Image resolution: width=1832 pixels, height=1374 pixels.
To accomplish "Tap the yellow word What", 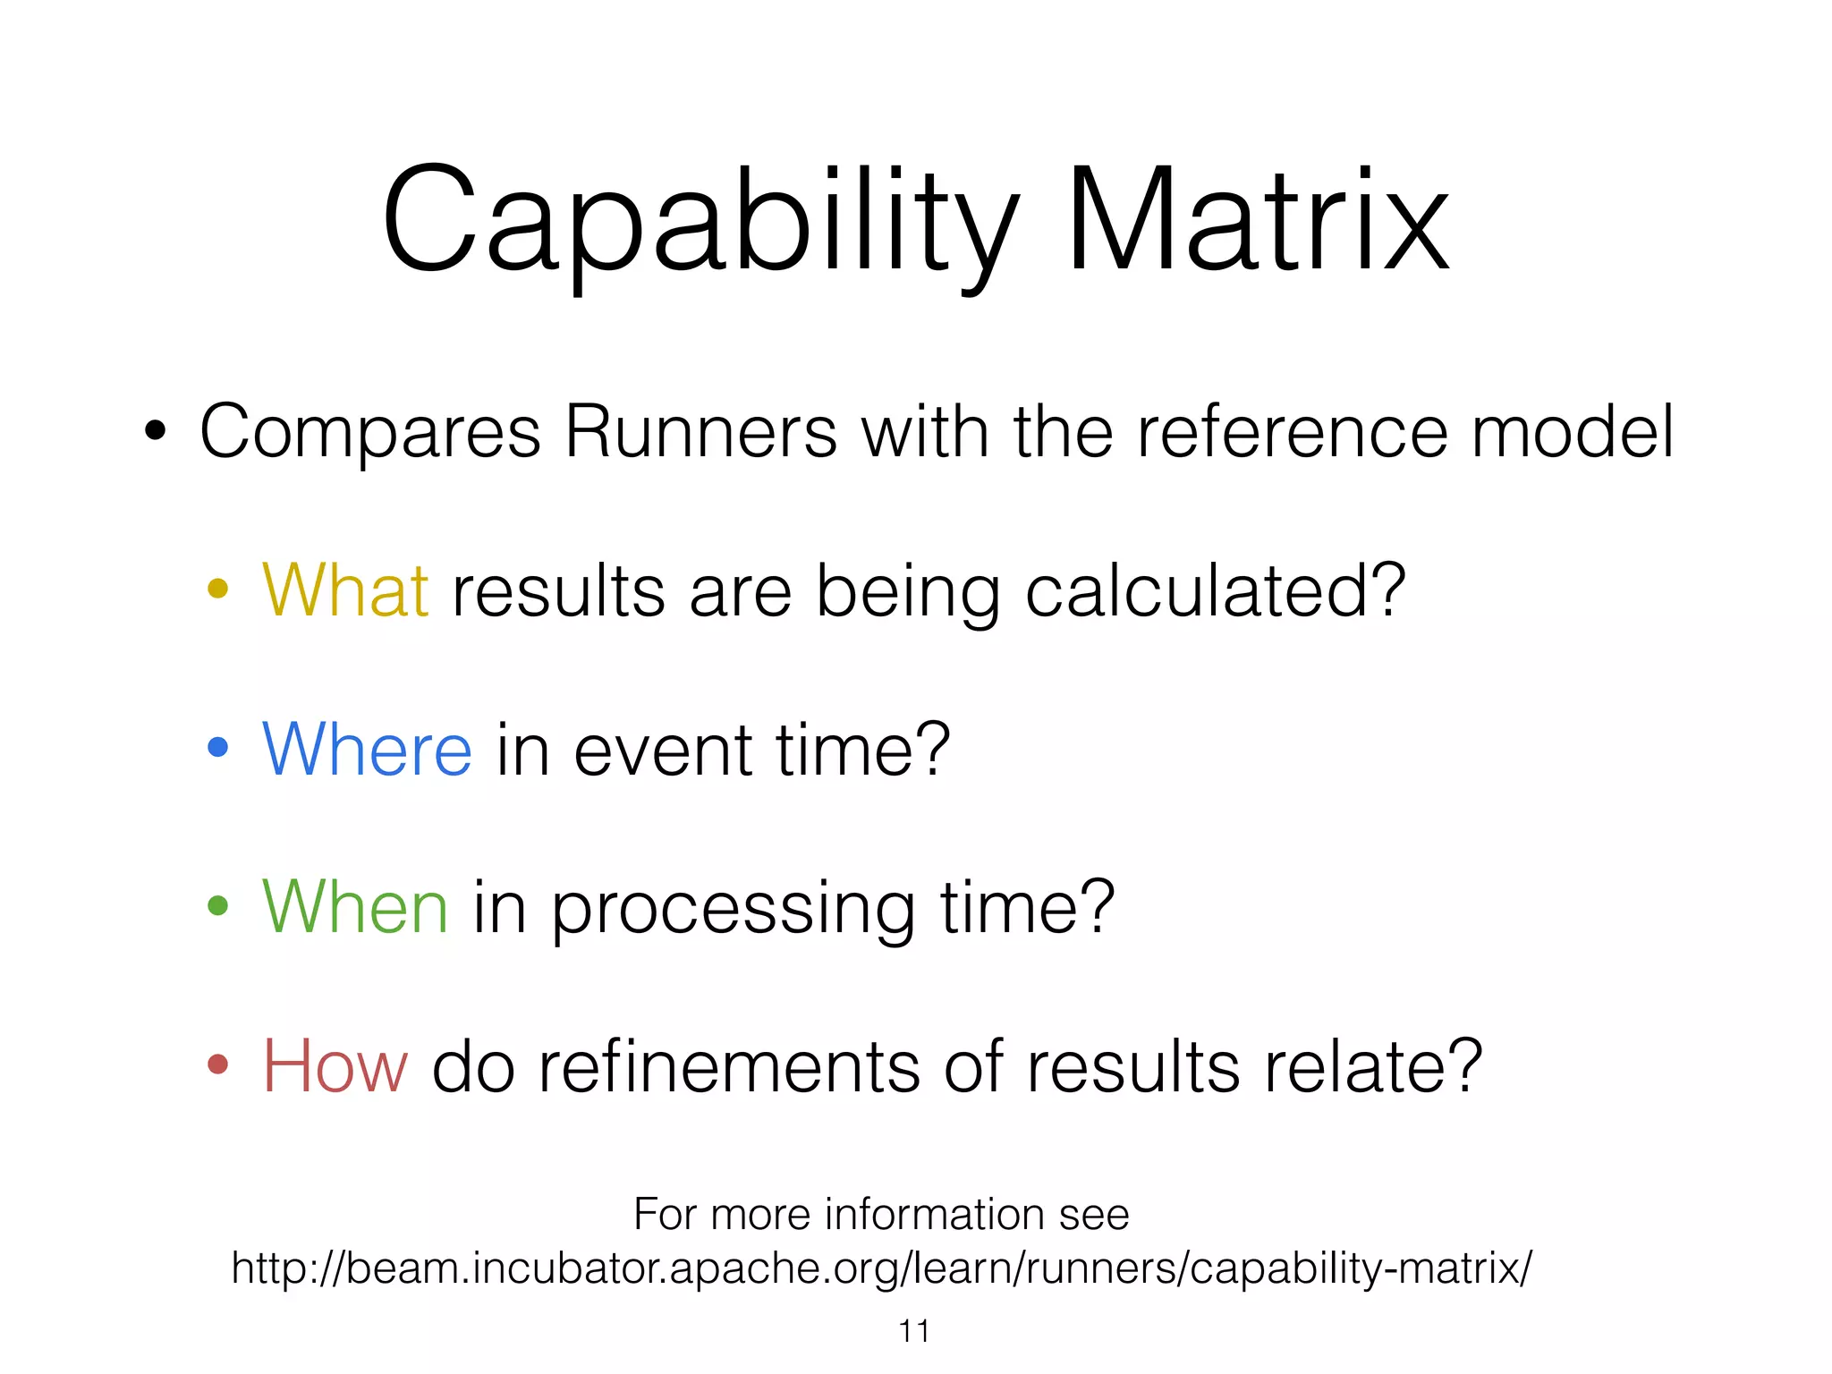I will (345, 591).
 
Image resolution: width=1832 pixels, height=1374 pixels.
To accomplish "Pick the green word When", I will (354, 907).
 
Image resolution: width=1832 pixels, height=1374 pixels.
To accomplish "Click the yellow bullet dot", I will (217, 589).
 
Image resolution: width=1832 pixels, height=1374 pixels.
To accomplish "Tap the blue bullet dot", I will (217, 747).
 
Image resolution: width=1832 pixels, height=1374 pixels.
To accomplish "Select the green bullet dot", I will (217, 905).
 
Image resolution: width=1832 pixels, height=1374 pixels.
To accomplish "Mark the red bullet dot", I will (217, 1064).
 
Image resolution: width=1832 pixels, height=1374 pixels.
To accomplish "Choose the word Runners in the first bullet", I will (700, 432).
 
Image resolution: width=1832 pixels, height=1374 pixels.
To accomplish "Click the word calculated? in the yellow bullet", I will (1215, 593).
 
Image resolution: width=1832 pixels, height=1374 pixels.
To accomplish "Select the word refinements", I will (728, 1066).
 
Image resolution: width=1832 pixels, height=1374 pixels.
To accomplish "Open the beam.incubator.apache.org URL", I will (881, 1268).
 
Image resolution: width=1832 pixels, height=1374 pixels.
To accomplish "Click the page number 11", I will (913, 1331).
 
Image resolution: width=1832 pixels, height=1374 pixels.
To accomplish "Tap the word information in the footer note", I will (934, 1215).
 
